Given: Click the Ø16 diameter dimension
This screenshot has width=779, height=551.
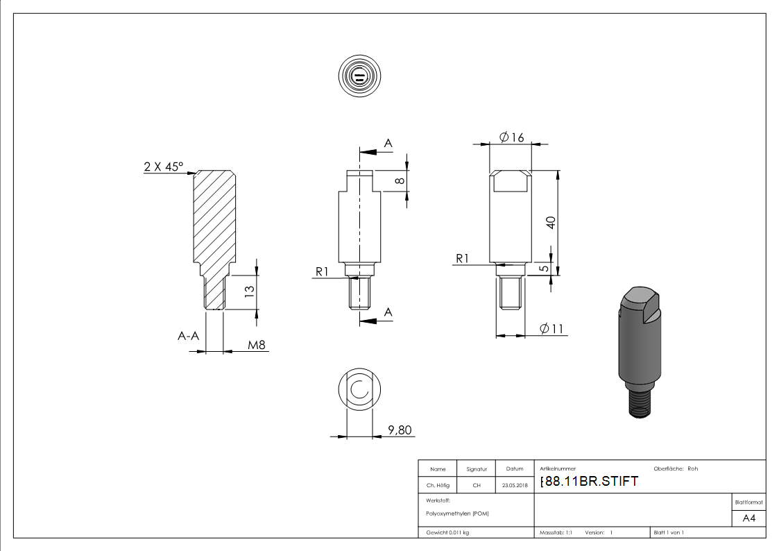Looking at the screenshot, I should pyautogui.click(x=511, y=137).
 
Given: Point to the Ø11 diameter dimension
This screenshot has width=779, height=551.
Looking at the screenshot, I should pyautogui.click(x=551, y=329).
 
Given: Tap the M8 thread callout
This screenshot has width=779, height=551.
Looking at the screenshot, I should pyautogui.click(x=257, y=344).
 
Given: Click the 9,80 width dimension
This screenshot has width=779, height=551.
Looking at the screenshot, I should pyautogui.click(x=400, y=430).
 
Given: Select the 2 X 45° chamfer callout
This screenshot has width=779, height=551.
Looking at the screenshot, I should pyautogui.click(x=164, y=167).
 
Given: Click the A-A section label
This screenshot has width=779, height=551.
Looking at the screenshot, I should pyautogui.click(x=188, y=336).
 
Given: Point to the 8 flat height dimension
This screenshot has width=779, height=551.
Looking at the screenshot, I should pyautogui.click(x=400, y=180).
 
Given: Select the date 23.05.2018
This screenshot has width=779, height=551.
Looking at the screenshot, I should pyautogui.click(x=514, y=486).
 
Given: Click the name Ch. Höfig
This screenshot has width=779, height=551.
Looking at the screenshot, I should pyautogui.click(x=437, y=486).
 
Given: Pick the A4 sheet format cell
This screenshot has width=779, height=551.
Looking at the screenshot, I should pyautogui.click(x=749, y=518).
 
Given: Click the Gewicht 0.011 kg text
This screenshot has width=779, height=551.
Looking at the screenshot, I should pyautogui.click(x=447, y=532).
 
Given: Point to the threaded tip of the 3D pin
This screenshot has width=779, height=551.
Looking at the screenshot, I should pyautogui.click(x=640, y=405).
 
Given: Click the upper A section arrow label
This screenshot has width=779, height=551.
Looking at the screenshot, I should pyautogui.click(x=388, y=143).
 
